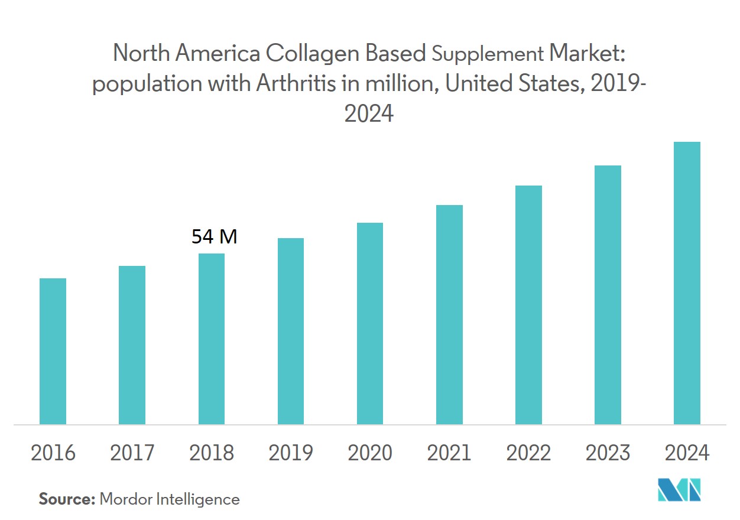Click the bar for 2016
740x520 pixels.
click(53, 351)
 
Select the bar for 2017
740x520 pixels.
click(132, 345)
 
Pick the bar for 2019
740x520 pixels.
click(290, 331)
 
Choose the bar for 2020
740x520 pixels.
click(370, 323)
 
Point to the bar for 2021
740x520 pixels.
click(449, 314)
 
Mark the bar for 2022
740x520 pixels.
click(528, 305)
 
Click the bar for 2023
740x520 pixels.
click(608, 295)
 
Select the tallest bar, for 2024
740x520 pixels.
click(687, 283)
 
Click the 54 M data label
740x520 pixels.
click(214, 237)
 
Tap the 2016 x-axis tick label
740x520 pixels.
click(53, 453)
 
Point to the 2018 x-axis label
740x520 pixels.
click(212, 453)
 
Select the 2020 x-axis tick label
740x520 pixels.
click(370, 453)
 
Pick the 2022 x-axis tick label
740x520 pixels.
click(528, 453)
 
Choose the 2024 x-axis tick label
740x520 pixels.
click(687, 453)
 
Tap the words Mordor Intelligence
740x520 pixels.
click(170, 499)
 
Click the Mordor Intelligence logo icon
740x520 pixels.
click(680, 489)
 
